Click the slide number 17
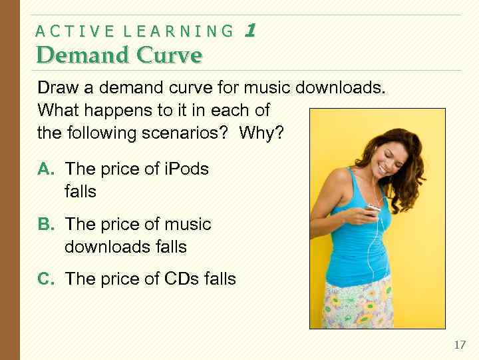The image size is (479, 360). [x=460, y=345]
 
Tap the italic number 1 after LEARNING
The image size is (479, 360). [x=250, y=31]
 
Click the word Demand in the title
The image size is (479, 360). [x=73, y=55]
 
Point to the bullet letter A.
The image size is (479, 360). [x=45, y=169]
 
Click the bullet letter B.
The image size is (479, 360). [x=45, y=225]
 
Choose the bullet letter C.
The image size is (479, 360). [x=45, y=279]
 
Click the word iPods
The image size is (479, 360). [x=186, y=169]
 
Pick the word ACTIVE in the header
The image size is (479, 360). [x=73, y=31]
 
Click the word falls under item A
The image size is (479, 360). [x=80, y=192]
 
